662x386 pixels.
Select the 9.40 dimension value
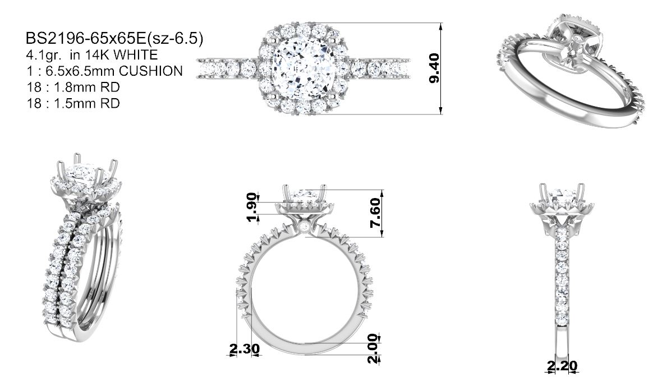coord(434,68)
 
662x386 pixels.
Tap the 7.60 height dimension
coord(375,213)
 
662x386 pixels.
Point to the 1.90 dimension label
coord(252,207)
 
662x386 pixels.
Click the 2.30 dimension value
coord(245,349)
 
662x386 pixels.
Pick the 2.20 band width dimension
coord(562,366)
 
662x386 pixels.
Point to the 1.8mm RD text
coord(87,87)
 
